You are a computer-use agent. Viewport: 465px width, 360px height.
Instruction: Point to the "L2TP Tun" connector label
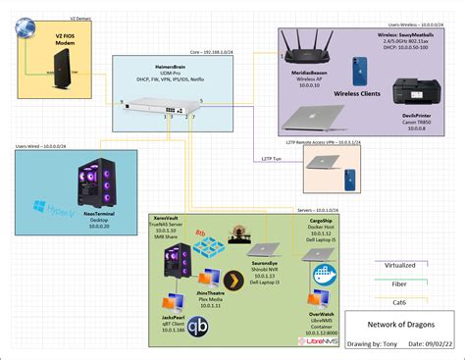(x=272, y=158)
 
